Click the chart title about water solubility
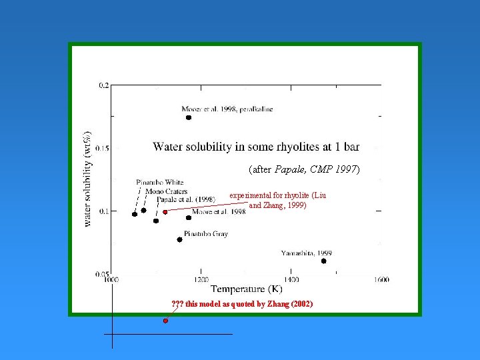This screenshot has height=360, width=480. [x=256, y=146]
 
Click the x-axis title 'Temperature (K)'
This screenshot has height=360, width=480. [x=246, y=289]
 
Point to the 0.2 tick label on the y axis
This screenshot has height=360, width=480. [x=104, y=85]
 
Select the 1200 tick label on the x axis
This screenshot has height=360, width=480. [x=201, y=280]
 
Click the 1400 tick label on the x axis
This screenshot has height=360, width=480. [x=291, y=280]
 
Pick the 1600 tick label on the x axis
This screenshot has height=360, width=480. [x=381, y=280]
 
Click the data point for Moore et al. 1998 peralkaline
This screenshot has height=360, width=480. [x=189, y=117]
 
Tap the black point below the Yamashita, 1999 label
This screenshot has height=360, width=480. [x=324, y=261]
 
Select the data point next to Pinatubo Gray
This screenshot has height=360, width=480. [x=180, y=239]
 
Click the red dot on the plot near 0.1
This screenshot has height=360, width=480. [x=165, y=212]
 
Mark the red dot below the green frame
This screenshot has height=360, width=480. [x=165, y=321]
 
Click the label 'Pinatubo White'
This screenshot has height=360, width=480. [x=160, y=182]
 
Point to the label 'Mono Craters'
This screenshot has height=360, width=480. [x=166, y=191]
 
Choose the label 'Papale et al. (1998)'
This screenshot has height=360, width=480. [x=185, y=199]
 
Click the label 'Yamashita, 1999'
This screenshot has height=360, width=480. [x=307, y=253]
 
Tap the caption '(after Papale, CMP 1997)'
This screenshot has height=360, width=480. [x=304, y=169]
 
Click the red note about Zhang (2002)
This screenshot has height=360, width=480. [x=241, y=304]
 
